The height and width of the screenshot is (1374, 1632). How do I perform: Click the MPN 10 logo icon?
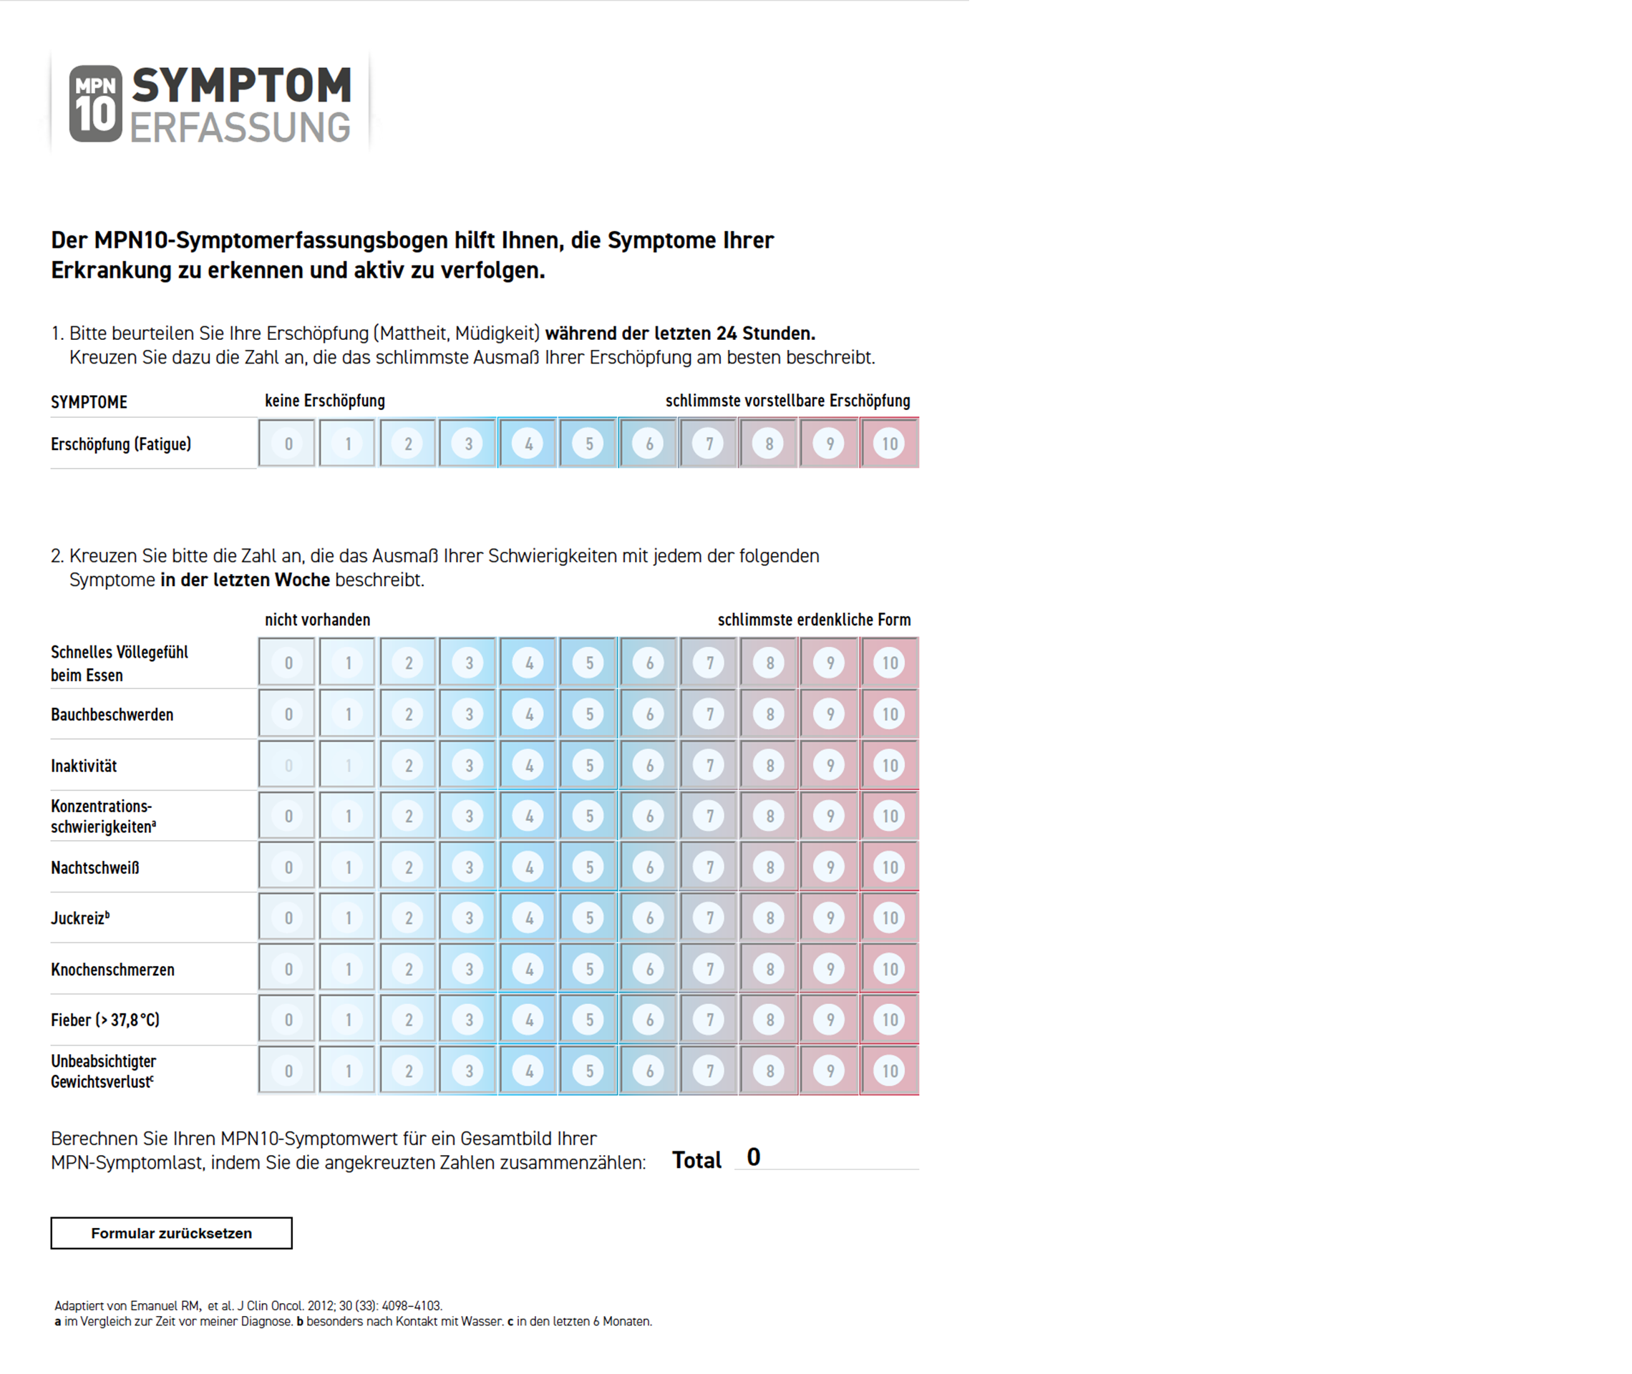[x=96, y=104]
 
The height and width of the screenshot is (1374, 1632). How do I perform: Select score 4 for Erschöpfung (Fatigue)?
[x=528, y=444]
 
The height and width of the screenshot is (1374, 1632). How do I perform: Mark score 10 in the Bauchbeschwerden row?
[x=890, y=714]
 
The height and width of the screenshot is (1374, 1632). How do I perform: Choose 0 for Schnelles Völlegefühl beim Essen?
[x=288, y=663]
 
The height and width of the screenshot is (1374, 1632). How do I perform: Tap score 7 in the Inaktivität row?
[x=709, y=766]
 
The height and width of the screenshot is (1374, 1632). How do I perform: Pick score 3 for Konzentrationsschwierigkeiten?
[x=468, y=817]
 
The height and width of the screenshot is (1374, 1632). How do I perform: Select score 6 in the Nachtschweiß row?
[x=649, y=867]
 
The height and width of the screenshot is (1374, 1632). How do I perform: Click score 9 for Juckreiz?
[x=830, y=918]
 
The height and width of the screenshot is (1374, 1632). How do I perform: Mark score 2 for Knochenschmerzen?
[x=408, y=969]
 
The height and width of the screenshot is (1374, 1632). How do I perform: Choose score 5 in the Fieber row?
[x=589, y=1020]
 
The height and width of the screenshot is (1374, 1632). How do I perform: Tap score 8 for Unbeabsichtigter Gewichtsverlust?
[x=769, y=1071]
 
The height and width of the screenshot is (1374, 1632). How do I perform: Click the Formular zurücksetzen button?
[x=171, y=1233]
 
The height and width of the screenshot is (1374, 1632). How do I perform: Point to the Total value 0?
[x=753, y=1157]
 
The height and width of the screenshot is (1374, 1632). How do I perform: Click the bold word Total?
[x=696, y=1161]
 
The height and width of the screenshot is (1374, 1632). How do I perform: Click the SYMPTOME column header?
[x=89, y=402]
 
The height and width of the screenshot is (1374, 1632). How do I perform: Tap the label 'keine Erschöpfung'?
[x=325, y=400]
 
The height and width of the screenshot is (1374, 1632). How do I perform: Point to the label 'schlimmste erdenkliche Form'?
[x=814, y=620]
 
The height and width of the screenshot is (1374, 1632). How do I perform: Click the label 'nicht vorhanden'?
[x=317, y=620]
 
